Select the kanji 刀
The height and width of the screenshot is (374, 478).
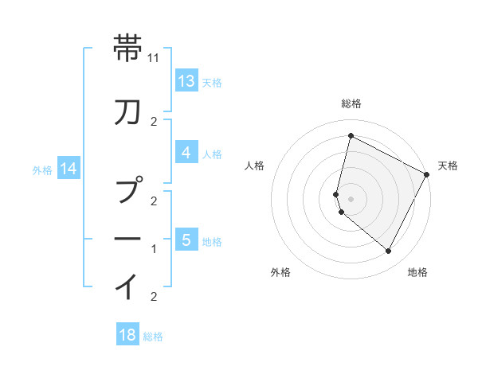[129, 113]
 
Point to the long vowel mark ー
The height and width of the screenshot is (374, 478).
[129, 238]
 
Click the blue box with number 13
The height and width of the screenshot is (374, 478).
[186, 81]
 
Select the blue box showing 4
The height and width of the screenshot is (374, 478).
[186, 153]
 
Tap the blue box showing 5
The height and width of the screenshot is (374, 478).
[186, 240]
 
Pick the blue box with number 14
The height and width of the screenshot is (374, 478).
[68, 169]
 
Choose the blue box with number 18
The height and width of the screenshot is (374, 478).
[127, 335]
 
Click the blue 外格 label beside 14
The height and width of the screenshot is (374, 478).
[42, 169]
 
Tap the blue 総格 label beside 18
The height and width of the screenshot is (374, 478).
[153, 337]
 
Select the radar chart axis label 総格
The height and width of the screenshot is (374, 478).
[351, 103]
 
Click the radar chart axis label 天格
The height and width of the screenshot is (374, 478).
[448, 166]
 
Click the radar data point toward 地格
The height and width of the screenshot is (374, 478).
[388, 251]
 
